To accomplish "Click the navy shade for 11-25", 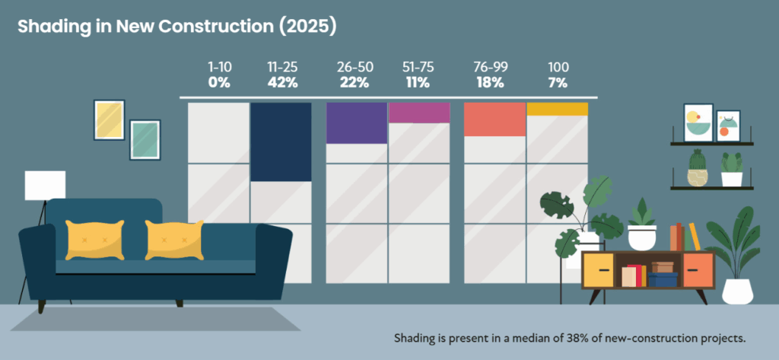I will pyautogui.click(x=281, y=142).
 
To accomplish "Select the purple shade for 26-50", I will pyautogui.click(x=356, y=123).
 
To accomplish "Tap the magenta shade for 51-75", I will pyautogui.click(x=419, y=113).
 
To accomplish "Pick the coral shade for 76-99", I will pyautogui.click(x=494, y=119).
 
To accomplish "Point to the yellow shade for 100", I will pyautogui.click(x=557, y=109).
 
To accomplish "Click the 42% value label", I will pyautogui.click(x=282, y=83).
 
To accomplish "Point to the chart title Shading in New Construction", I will pyautogui.click(x=176, y=26).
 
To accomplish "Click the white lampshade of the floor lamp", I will pyautogui.click(x=45, y=186).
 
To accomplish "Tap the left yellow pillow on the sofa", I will pyautogui.click(x=94, y=239).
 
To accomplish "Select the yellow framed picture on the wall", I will pyautogui.click(x=110, y=119).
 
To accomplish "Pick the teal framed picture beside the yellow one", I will pyautogui.click(x=145, y=140).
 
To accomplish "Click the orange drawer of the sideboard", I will pyautogui.click(x=698, y=270).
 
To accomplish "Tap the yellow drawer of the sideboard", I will pyautogui.click(x=599, y=270).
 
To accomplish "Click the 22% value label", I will pyautogui.click(x=355, y=83).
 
